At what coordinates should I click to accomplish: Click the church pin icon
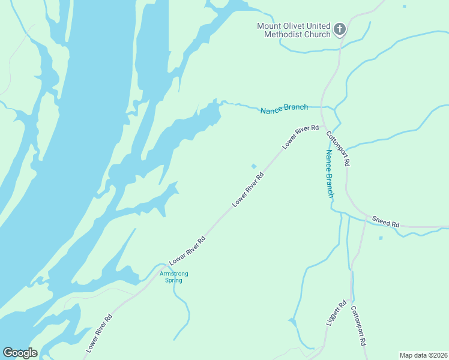point(339,29)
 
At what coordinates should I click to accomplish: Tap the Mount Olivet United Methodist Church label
point(294,30)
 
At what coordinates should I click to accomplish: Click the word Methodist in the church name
point(284,34)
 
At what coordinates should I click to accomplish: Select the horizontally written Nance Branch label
point(284,109)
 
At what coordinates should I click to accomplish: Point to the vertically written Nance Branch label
point(329,173)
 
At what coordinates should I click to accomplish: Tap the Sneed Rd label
point(385,221)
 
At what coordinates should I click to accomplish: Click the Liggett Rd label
point(337,313)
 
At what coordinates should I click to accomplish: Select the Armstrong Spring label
point(173,277)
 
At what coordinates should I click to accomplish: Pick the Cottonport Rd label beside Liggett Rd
point(358,326)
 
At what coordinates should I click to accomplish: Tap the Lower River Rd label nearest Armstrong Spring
point(187,251)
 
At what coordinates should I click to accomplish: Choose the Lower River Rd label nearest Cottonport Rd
point(300,137)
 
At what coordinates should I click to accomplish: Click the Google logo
point(20,353)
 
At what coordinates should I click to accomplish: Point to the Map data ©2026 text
point(423,355)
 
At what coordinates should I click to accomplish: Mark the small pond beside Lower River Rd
point(254,166)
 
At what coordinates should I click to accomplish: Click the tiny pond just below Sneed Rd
point(381,238)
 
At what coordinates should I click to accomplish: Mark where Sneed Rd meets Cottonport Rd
point(364,217)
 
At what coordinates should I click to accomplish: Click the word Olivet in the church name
point(293,26)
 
